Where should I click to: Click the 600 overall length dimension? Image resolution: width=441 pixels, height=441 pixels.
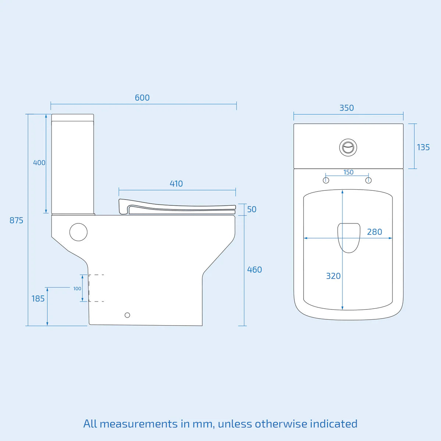click(142, 98)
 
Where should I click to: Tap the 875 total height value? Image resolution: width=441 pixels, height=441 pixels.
click(16, 220)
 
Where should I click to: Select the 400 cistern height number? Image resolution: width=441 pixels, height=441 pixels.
click(39, 163)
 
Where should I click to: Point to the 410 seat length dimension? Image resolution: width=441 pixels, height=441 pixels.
click(176, 184)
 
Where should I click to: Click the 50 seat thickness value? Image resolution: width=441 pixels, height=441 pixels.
click(252, 209)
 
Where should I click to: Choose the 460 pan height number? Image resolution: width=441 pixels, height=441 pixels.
click(254, 270)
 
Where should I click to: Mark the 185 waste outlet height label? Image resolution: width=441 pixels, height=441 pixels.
click(38, 299)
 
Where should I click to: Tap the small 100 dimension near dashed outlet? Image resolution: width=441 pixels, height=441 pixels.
click(77, 289)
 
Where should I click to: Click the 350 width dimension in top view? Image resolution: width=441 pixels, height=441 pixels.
click(347, 108)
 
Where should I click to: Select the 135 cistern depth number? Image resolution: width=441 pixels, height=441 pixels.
click(423, 147)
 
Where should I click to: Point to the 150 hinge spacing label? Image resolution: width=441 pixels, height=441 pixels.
click(348, 172)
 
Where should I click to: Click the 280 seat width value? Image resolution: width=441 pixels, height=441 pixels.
click(374, 232)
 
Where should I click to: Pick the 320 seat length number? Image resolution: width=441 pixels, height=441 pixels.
click(333, 276)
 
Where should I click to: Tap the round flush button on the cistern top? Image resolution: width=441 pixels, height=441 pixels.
click(348, 147)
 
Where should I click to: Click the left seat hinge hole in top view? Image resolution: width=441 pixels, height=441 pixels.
click(326, 180)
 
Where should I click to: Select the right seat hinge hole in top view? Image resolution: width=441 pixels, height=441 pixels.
click(369, 180)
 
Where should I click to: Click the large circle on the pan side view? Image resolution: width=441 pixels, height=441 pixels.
click(79, 232)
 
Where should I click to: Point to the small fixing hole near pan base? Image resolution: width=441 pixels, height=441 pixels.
click(128, 315)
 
